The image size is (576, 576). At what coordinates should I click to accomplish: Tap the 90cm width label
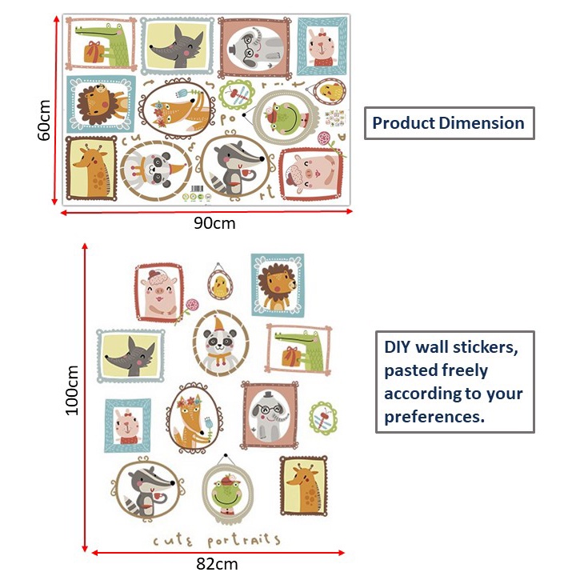click(214, 223)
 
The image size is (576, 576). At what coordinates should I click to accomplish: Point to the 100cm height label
click(72, 390)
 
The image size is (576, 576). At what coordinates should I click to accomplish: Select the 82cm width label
click(217, 563)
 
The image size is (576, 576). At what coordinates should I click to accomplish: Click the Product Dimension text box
click(449, 123)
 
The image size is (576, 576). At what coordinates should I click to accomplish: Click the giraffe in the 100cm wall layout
click(304, 486)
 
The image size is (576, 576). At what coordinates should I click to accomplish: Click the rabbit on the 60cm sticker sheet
click(323, 48)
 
